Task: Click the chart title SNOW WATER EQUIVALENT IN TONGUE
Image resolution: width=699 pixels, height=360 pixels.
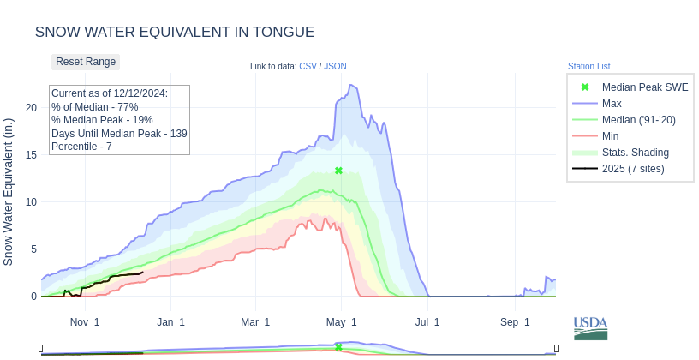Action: tap(175, 33)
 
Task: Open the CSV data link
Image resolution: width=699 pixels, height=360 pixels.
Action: tap(308, 66)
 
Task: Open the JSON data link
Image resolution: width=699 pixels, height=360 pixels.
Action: tap(335, 66)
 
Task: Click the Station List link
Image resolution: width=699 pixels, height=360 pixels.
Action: tap(588, 66)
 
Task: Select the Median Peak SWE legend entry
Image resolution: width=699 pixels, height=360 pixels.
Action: tap(644, 87)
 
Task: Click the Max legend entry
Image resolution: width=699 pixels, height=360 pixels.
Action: tap(612, 104)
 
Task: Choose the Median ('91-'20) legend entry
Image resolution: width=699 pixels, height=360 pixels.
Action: tap(638, 120)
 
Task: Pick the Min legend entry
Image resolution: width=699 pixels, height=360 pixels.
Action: tap(611, 136)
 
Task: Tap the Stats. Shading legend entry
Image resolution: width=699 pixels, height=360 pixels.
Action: tap(635, 153)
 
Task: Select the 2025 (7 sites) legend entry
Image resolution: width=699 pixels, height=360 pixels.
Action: tap(632, 169)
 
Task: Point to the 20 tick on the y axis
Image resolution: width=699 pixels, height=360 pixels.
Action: tap(31, 108)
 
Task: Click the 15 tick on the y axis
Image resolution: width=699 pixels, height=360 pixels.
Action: tap(31, 155)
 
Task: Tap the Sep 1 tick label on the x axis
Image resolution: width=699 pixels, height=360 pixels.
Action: tap(515, 322)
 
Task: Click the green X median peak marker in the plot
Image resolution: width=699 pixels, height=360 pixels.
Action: tap(338, 171)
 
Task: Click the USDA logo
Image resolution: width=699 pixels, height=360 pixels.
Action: tap(590, 328)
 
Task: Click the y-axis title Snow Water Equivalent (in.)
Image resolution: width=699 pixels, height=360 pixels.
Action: tap(9, 191)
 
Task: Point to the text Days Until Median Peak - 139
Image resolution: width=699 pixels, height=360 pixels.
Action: tap(119, 134)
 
